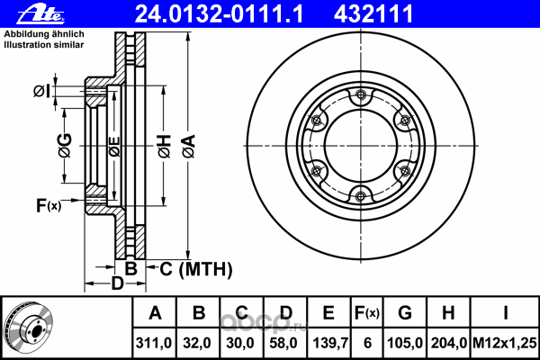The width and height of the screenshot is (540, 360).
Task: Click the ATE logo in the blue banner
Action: pos(40,14)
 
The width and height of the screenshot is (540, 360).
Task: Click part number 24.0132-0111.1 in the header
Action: pos(219,13)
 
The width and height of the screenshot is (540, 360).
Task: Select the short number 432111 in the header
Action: pos(373,13)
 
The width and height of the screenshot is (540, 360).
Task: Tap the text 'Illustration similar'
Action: pos(44,45)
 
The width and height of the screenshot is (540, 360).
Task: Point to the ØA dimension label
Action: pos(189,147)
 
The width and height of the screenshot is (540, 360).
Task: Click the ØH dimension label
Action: pos(165,147)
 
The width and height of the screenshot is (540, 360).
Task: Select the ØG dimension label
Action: pos(65,146)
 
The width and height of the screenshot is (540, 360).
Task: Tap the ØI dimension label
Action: pos(41,91)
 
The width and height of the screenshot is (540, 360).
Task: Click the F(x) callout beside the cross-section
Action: pos(49,206)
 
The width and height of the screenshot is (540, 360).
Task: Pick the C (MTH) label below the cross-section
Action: pos(196,269)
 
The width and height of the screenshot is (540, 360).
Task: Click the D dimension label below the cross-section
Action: pos(117,283)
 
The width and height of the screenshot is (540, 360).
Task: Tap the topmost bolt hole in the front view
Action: pos(361,94)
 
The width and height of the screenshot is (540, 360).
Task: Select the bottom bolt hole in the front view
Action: pos(361,196)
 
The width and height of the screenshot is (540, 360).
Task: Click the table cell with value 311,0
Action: pos(154,343)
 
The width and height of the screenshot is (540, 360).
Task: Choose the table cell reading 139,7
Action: pos(329,343)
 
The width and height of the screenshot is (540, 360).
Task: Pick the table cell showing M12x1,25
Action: pos(505,343)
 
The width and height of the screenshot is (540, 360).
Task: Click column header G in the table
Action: pos(405,313)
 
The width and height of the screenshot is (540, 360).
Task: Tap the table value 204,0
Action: pos(448,343)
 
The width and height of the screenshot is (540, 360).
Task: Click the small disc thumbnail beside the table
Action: pos(28,328)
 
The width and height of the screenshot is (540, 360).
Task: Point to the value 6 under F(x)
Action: pos(367,343)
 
